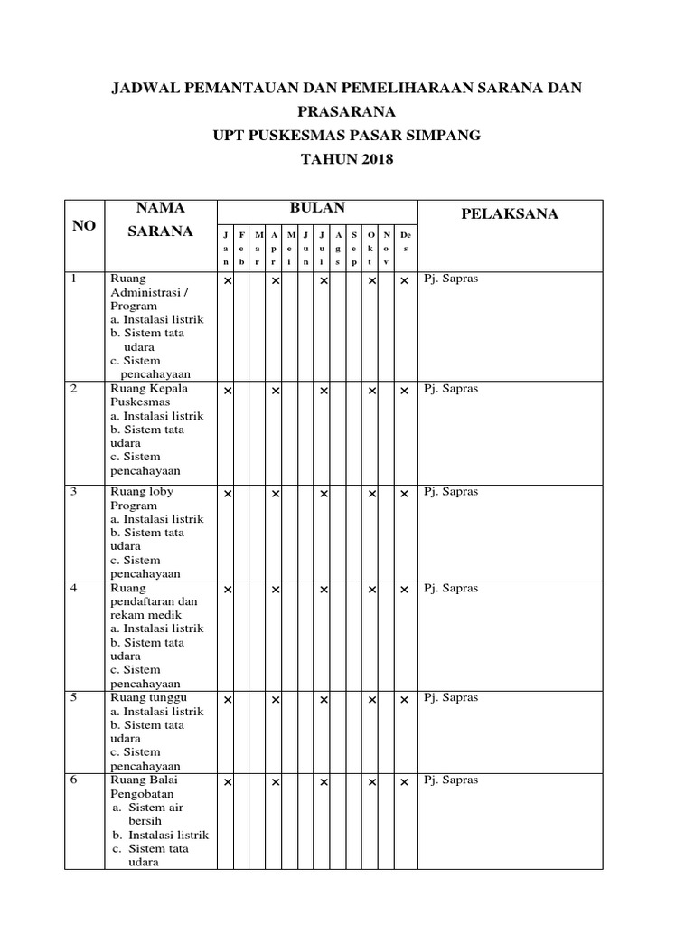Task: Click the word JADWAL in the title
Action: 143,88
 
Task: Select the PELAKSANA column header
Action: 510,214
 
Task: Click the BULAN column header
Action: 316,208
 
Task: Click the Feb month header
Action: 242,247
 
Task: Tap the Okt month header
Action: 371,247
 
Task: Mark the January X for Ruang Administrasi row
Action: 228,280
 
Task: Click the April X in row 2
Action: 276,390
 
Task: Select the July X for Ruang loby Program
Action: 323,494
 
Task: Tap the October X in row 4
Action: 371,590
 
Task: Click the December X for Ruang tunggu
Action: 404,699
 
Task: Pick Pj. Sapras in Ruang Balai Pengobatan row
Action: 451,780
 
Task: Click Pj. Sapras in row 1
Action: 451,279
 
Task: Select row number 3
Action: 74,492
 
